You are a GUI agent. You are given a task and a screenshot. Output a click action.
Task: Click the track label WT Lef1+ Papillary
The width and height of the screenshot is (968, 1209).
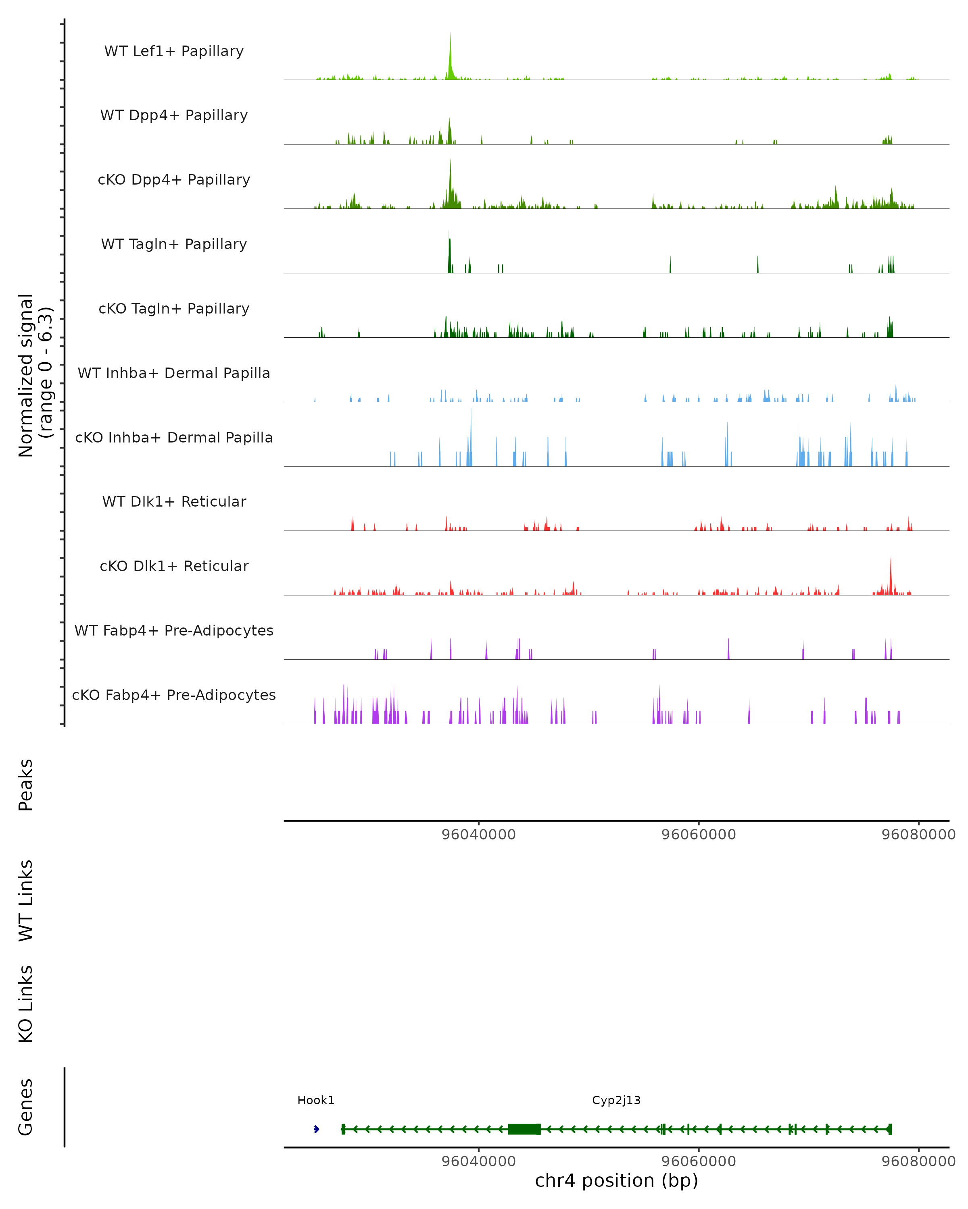pyautogui.click(x=174, y=51)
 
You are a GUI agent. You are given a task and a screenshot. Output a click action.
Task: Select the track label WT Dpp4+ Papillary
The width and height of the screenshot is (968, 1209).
pyautogui.click(x=174, y=116)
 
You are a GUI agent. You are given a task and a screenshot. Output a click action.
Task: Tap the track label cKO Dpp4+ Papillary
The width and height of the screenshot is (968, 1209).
pyautogui.click(x=174, y=180)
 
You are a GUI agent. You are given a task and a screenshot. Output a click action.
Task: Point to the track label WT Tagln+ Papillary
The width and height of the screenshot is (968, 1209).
pyautogui.click(x=174, y=245)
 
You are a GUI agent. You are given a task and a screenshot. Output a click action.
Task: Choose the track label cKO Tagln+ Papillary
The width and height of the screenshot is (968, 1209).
pyautogui.click(x=174, y=309)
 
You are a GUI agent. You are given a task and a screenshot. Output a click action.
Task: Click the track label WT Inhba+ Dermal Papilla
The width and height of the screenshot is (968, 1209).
pyautogui.click(x=174, y=374)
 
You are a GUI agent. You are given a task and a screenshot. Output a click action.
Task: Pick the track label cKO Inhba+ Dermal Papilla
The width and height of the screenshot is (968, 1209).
pyautogui.click(x=174, y=438)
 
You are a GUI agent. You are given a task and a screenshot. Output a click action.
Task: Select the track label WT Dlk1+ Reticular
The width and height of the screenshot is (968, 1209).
pyautogui.click(x=174, y=502)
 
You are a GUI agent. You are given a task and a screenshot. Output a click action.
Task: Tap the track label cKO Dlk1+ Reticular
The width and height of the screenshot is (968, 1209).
pyautogui.click(x=174, y=566)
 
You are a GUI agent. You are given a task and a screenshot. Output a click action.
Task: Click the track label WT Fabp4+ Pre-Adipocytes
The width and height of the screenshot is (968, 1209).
pyautogui.click(x=174, y=631)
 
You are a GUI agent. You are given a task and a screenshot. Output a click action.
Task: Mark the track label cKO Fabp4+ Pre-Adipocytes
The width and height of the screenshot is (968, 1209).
pyautogui.click(x=174, y=695)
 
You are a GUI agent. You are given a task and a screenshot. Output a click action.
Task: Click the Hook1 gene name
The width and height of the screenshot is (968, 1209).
pyautogui.click(x=316, y=1100)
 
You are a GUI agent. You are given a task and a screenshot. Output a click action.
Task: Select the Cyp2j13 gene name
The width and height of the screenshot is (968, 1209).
pyautogui.click(x=616, y=1100)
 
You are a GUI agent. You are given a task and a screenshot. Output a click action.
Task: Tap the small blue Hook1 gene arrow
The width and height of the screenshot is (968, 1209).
pyautogui.click(x=317, y=1129)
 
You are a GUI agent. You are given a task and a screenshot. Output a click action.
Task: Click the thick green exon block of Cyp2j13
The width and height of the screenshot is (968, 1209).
pyautogui.click(x=524, y=1129)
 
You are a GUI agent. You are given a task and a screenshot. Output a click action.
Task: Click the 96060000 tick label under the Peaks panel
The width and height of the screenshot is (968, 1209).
pyautogui.click(x=699, y=835)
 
